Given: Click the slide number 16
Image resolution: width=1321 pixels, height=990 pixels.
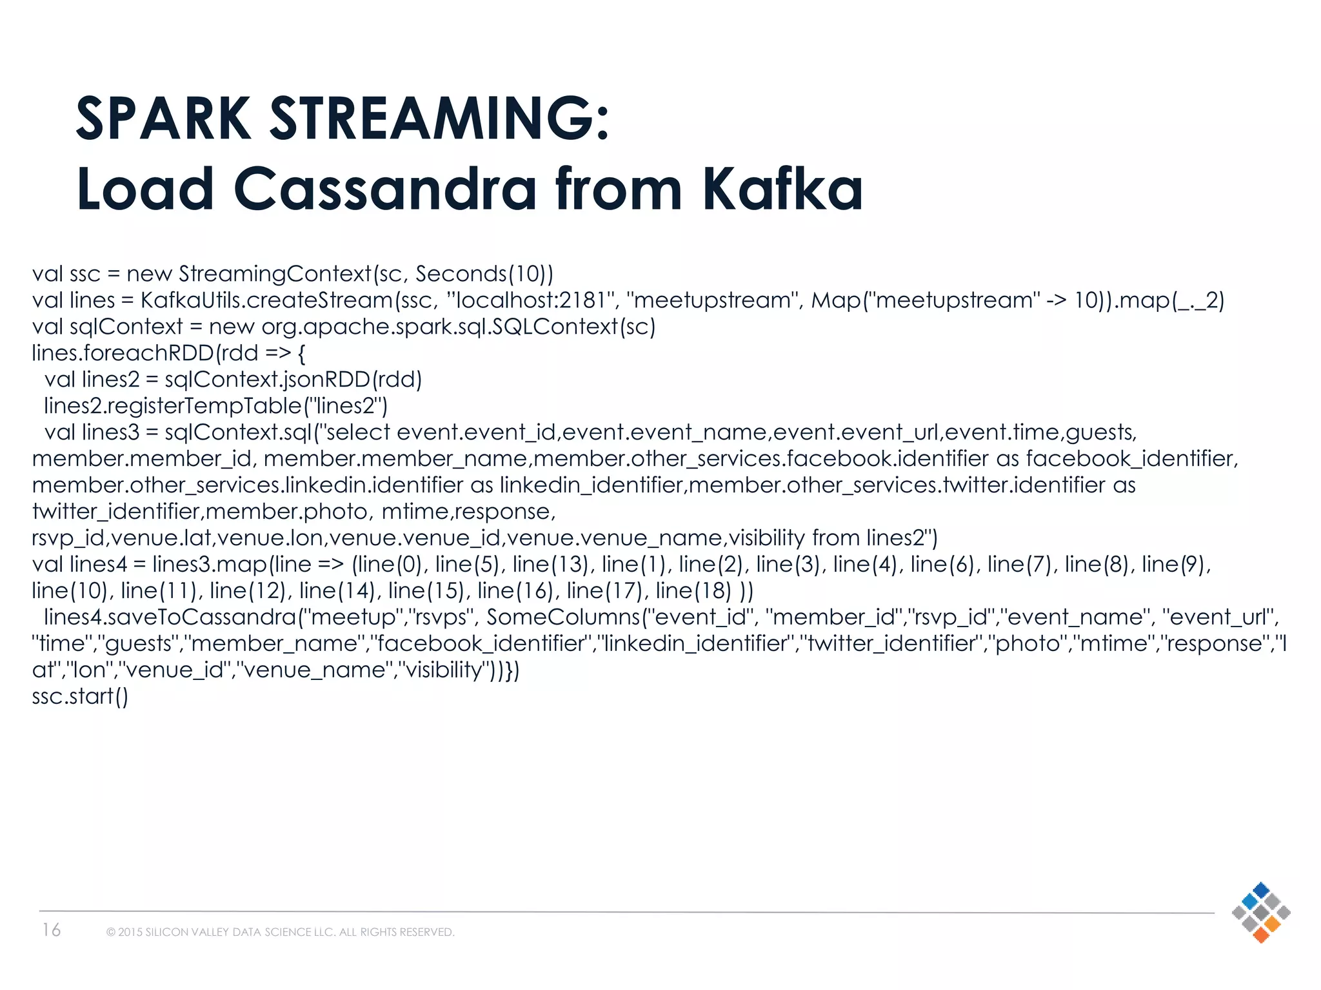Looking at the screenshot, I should (52, 930).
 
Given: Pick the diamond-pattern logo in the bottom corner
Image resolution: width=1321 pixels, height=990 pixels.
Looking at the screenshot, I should (1260, 912).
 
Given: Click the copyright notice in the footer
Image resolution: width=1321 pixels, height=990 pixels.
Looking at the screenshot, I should (281, 932).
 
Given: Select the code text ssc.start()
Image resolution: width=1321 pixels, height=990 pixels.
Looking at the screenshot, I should (81, 696).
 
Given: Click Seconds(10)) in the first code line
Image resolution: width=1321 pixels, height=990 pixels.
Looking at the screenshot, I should (484, 274).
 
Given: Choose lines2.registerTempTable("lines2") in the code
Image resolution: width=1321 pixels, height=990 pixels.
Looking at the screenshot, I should (215, 406).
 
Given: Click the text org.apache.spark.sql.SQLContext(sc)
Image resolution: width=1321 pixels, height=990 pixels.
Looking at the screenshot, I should (458, 327).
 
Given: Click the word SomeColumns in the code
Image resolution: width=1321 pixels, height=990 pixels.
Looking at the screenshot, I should (563, 617).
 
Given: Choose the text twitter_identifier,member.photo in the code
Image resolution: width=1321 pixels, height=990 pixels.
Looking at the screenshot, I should (200, 512).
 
